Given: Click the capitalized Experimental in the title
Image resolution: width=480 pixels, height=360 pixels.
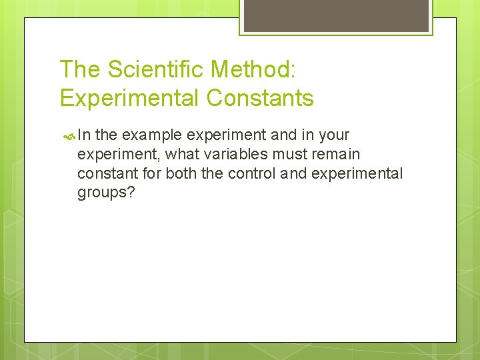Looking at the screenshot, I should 129,98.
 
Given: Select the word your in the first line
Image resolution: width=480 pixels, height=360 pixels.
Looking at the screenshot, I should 334,135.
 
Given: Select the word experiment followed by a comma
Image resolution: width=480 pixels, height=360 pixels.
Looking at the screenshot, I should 119,155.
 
